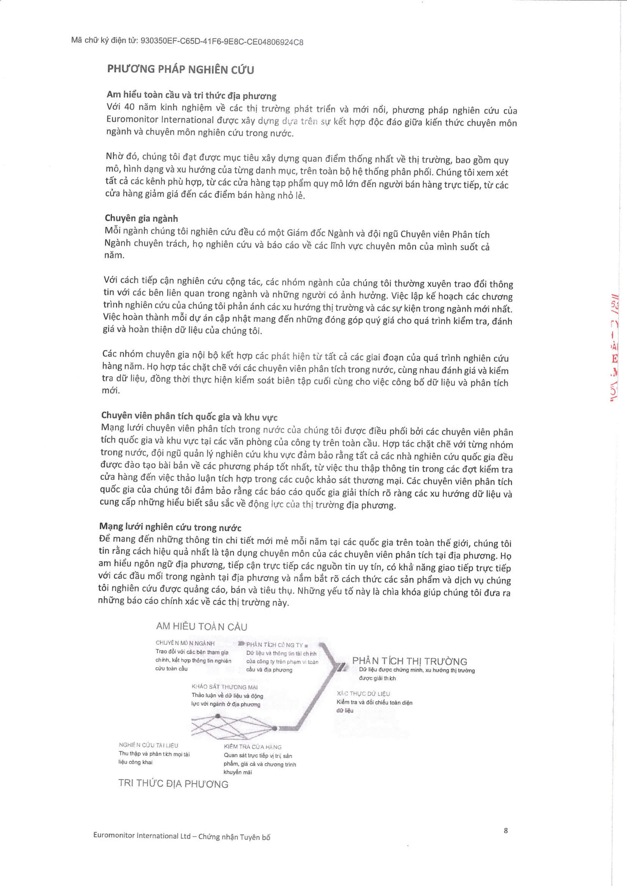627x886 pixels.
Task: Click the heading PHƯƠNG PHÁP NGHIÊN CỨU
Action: click(180, 70)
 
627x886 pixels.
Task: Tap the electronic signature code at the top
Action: click(187, 41)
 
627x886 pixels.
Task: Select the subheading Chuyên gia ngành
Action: click(141, 218)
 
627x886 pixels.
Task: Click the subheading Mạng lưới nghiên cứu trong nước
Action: click(170, 527)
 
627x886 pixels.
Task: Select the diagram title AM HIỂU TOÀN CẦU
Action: click(201, 627)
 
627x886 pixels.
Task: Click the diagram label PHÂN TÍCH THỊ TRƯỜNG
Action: click(410, 661)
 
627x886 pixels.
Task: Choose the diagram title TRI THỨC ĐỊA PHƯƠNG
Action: click(173, 784)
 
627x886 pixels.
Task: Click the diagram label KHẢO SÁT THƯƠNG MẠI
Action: click(225, 687)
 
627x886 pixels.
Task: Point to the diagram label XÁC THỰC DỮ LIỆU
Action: click(363, 694)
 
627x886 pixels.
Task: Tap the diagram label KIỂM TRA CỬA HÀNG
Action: click(253, 747)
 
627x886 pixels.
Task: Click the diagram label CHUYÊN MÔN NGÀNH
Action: click(185, 643)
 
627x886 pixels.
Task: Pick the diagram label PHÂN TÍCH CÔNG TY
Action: click(275, 645)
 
